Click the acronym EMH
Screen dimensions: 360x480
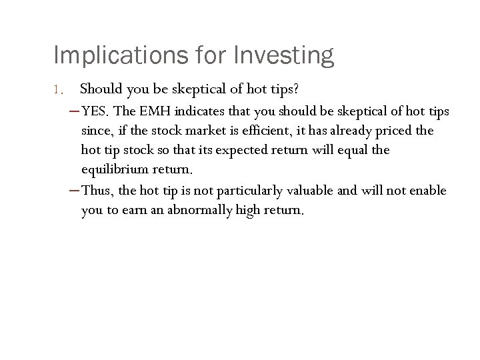click(x=155, y=110)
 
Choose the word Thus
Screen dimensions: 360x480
click(x=97, y=191)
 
